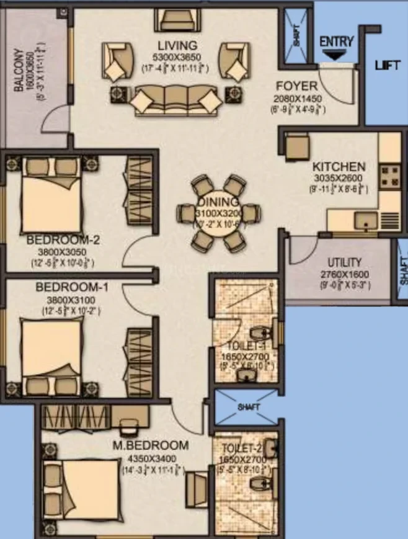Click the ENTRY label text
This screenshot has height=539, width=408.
[336, 42]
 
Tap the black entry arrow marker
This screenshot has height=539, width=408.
[336, 55]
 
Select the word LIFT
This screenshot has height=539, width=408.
[388, 65]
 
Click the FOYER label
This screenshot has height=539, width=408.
[296, 86]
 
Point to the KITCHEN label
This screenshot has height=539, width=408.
[338, 167]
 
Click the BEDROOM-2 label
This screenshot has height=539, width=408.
[63, 240]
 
